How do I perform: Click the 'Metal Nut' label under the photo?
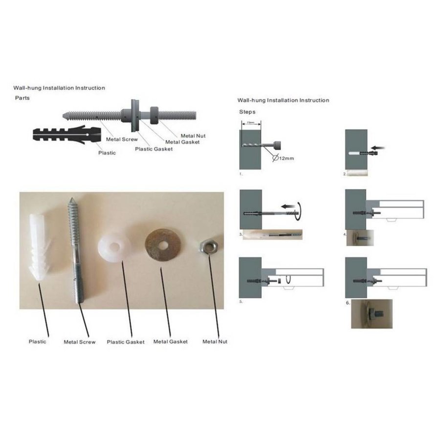tap(215, 342)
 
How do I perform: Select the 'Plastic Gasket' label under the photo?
tap(126, 342)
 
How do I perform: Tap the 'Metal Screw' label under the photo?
tap(80, 342)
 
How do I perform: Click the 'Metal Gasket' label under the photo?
tap(170, 342)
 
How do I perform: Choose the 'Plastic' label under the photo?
tap(37, 342)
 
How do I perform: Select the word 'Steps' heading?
tap(247, 111)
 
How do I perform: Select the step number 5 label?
tap(241, 302)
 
